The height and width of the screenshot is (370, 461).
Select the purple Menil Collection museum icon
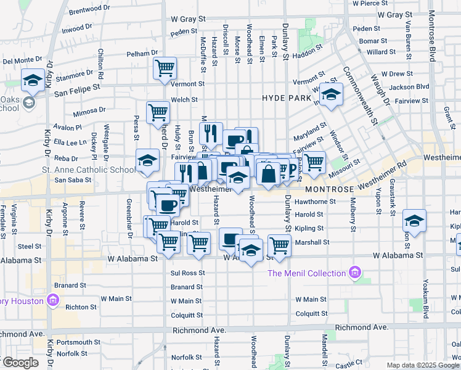[354, 272]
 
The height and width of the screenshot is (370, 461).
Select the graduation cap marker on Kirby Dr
[33, 80]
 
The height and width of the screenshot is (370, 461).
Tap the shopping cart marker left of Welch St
[158, 112]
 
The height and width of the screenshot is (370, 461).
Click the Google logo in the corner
[21, 363]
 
